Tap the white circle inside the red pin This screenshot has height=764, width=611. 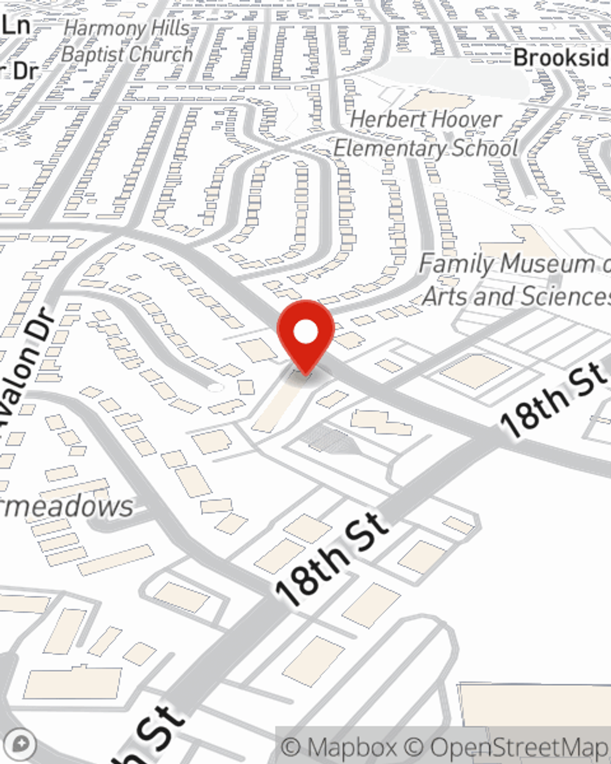point(305,332)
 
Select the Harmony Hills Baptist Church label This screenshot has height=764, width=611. point(127,42)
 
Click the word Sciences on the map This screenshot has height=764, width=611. point(563,296)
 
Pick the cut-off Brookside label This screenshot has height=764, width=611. point(561,58)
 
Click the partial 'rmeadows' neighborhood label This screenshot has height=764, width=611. point(67,507)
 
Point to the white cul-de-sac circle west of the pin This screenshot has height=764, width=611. point(214,388)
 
